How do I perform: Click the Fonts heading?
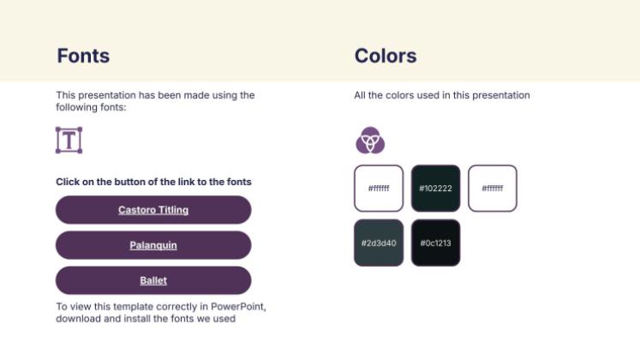pos(83,57)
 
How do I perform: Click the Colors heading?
pos(386,57)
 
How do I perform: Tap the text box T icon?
pos(69,140)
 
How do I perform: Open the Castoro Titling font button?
pos(153,210)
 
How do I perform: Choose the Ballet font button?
pos(153,280)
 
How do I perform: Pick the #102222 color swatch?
pos(435,188)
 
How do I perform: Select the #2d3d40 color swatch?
pos(378,243)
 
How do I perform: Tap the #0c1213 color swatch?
pos(435,243)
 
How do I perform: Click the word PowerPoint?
pos(243,306)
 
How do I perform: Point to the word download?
pos(78,319)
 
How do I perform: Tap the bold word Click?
pos(69,182)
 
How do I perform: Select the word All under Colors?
pos(361,95)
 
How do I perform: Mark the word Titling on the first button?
pos(171,210)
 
